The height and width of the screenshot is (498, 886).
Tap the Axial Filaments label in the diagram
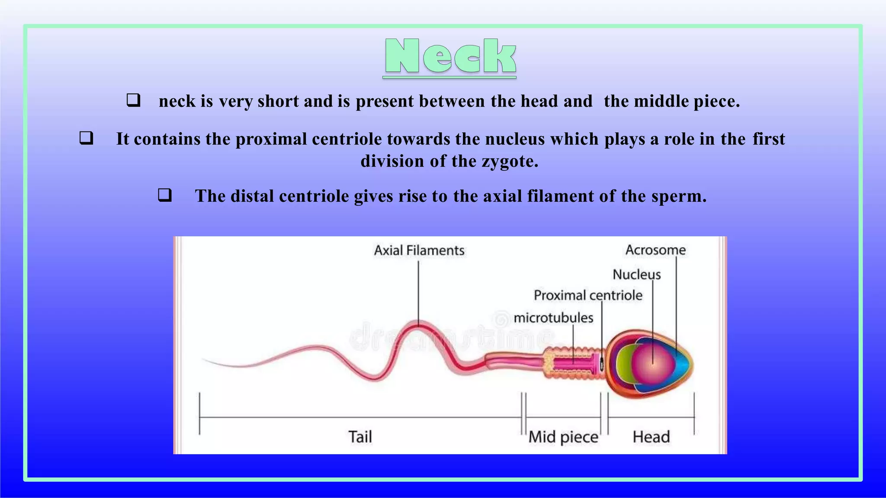(x=419, y=250)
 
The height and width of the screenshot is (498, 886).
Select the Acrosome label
(x=655, y=250)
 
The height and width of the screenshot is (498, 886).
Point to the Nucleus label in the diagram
(x=636, y=275)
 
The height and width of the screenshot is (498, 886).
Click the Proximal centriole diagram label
(x=588, y=295)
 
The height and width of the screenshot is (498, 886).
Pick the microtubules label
(x=553, y=318)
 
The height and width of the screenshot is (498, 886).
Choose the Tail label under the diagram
(x=360, y=437)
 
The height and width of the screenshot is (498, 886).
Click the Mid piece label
(x=563, y=437)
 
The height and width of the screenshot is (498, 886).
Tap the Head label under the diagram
(x=651, y=437)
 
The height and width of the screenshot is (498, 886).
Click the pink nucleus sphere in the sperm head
(x=652, y=363)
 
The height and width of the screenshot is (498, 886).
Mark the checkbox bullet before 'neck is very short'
(x=133, y=100)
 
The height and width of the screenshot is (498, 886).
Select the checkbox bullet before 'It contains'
(x=86, y=138)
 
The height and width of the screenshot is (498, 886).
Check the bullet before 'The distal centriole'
(x=165, y=195)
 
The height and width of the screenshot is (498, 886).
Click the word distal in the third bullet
(x=252, y=196)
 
